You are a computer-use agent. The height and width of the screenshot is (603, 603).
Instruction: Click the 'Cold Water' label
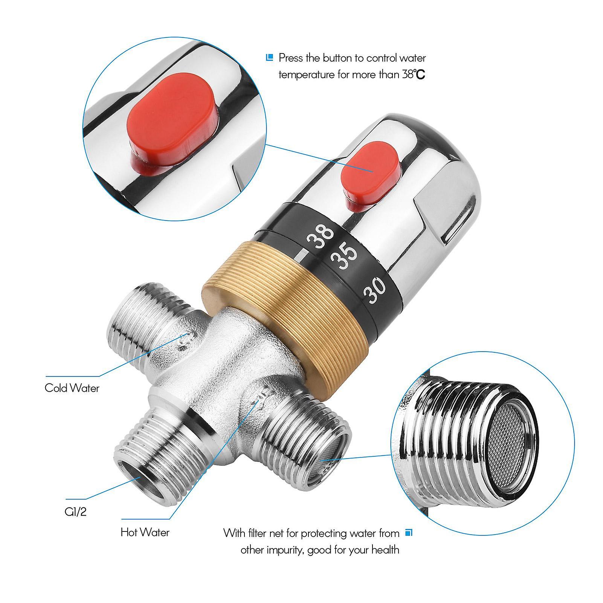[x=72, y=388]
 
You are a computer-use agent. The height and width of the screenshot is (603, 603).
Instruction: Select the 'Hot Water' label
[x=145, y=532]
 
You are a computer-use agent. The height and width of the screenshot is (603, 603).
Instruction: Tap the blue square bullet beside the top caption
[x=269, y=58]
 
